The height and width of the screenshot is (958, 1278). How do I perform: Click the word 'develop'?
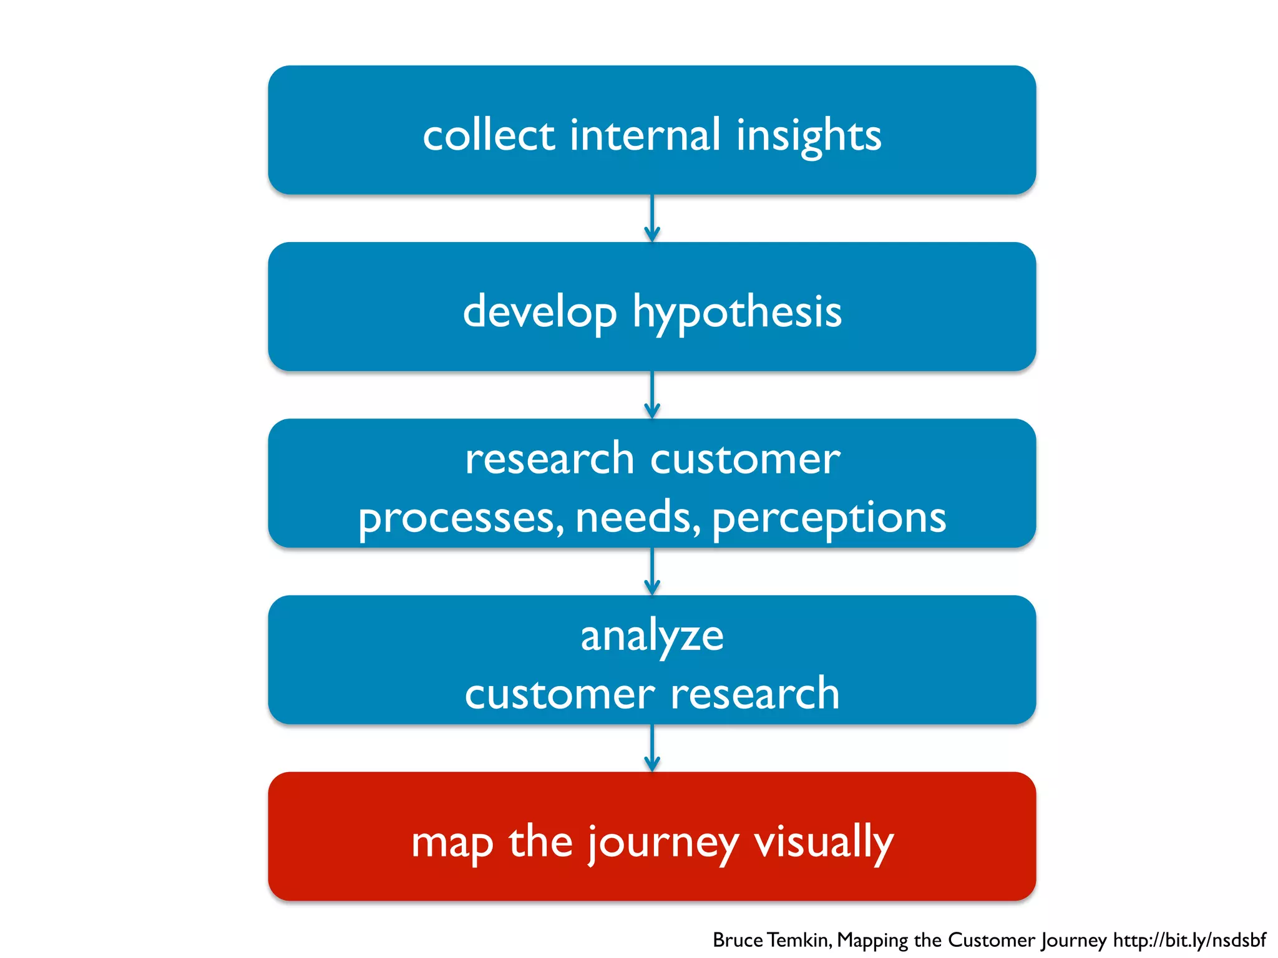[x=539, y=312]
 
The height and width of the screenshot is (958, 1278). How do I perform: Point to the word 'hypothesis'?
[x=737, y=312]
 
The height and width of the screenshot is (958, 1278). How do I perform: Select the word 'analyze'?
[x=652, y=636]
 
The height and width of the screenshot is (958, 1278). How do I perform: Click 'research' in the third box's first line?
[x=549, y=459]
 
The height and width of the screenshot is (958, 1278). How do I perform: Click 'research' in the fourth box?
[x=754, y=694]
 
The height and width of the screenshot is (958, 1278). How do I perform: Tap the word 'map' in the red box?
[x=452, y=843]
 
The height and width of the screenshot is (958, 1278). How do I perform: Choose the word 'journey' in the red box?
[x=663, y=843]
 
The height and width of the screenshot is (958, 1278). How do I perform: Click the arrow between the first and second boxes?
[x=652, y=219]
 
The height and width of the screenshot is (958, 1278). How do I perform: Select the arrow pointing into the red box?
[x=652, y=748]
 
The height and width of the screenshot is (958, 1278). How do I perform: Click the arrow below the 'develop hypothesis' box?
[x=652, y=395]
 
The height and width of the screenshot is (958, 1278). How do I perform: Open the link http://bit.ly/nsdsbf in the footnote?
[x=1189, y=940]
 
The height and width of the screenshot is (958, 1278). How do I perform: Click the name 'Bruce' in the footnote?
[x=738, y=940]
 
